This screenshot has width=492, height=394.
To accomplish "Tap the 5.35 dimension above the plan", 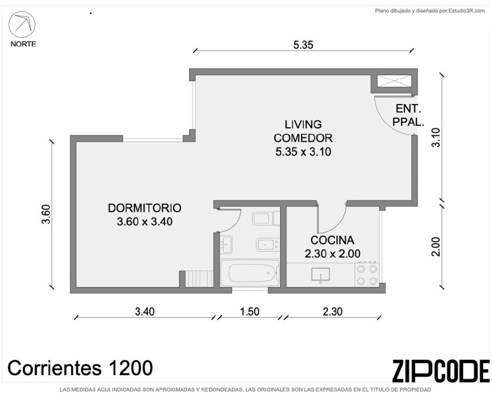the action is pyautogui.click(x=303, y=45).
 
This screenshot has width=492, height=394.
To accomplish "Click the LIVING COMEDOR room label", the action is pyautogui.click(x=303, y=138).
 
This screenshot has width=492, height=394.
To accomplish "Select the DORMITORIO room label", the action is pyautogui.click(x=144, y=215).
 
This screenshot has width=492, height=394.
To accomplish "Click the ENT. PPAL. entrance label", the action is pyautogui.click(x=408, y=115).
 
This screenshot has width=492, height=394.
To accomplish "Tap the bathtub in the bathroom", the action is pyautogui.click(x=250, y=273).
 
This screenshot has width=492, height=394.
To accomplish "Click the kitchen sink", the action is pyautogui.click(x=321, y=275).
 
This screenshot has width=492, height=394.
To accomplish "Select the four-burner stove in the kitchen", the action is pyautogui.click(x=367, y=275).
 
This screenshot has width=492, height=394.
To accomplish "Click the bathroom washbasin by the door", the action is pyautogui.click(x=226, y=244).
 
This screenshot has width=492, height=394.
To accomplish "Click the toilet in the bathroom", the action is pyautogui.click(x=266, y=218).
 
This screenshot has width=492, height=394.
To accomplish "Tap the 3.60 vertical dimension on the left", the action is pyautogui.click(x=46, y=214).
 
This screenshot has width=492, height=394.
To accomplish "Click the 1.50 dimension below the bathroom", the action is pyautogui.click(x=250, y=311).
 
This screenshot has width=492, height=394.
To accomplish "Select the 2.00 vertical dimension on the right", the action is pyautogui.click(x=436, y=246).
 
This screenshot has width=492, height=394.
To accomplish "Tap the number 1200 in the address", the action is pyautogui.click(x=130, y=368).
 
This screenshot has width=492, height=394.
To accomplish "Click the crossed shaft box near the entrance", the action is pyautogui.click(x=395, y=81).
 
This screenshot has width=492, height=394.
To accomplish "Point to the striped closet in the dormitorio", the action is pyautogui.click(x=199, y=279).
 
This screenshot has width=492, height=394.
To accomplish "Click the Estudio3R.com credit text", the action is pyautogui.click(x=467, y=11).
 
